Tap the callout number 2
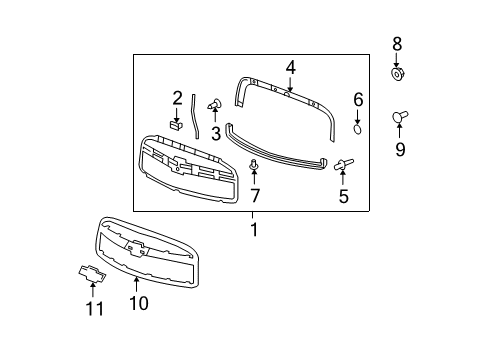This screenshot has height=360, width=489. (177, 98)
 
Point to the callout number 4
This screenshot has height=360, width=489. (290, 68)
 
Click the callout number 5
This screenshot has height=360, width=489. (343, 197)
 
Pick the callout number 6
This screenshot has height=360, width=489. (357, 99)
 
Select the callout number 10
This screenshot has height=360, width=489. (138, 302)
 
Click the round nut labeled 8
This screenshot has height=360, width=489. (398, 74)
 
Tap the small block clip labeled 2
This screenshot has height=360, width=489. (175, 126)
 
